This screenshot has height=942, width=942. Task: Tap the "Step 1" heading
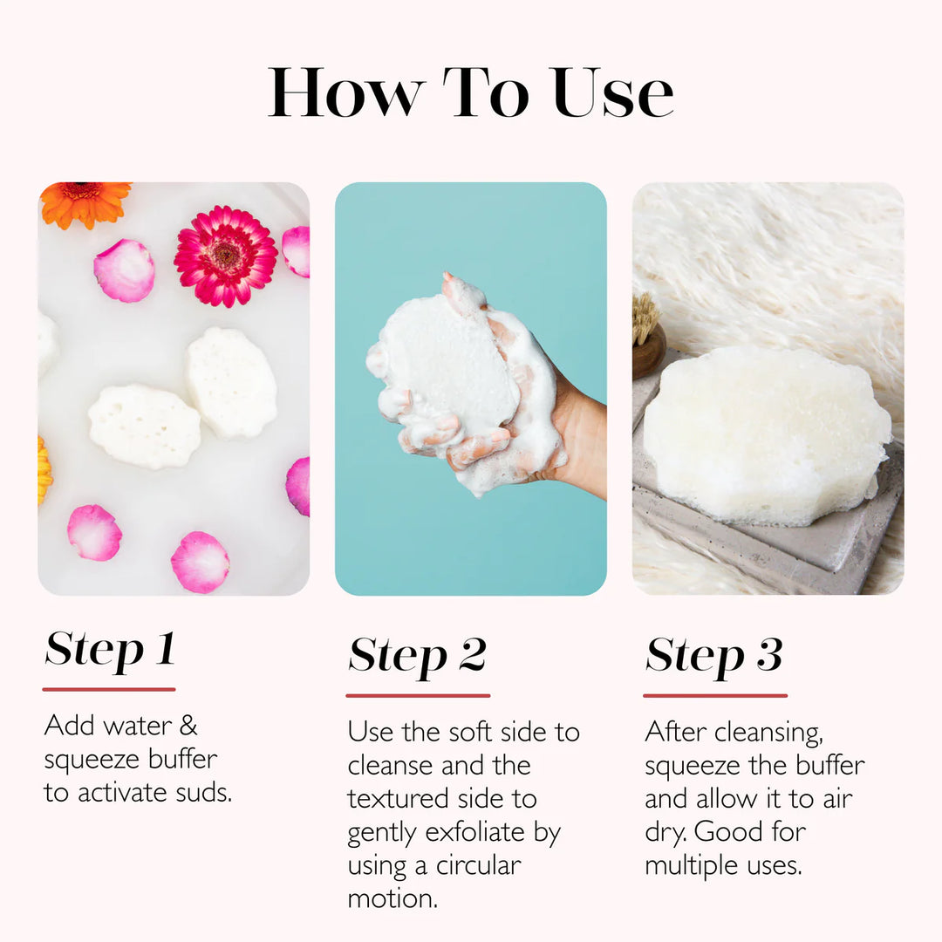110,649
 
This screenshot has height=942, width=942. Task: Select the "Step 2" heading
417,655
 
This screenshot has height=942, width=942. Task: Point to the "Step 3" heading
713,655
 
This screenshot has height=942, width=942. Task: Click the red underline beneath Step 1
109,689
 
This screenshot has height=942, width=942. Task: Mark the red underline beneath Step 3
714,695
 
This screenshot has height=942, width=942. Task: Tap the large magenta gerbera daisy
226,256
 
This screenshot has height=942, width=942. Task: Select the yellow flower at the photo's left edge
44,470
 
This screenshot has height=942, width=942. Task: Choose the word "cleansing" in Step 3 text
767,733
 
